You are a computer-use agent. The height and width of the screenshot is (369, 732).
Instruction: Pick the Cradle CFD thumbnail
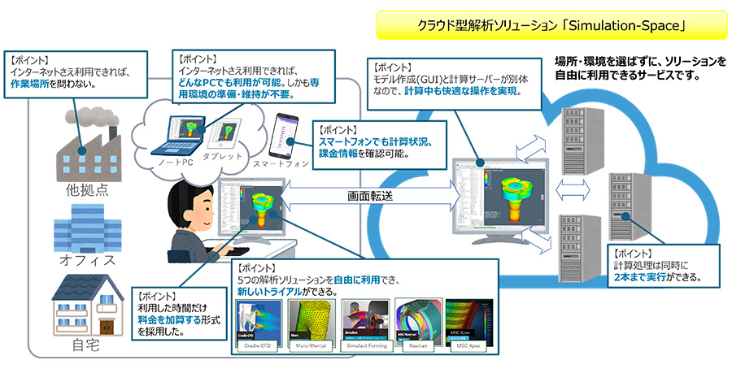point(257,323)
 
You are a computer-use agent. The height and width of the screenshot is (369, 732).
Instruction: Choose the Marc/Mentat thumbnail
point(309,323)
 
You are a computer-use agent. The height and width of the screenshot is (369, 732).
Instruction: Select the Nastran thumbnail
point(416,323)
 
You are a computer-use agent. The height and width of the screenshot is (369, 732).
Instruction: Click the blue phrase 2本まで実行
point(642,277)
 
